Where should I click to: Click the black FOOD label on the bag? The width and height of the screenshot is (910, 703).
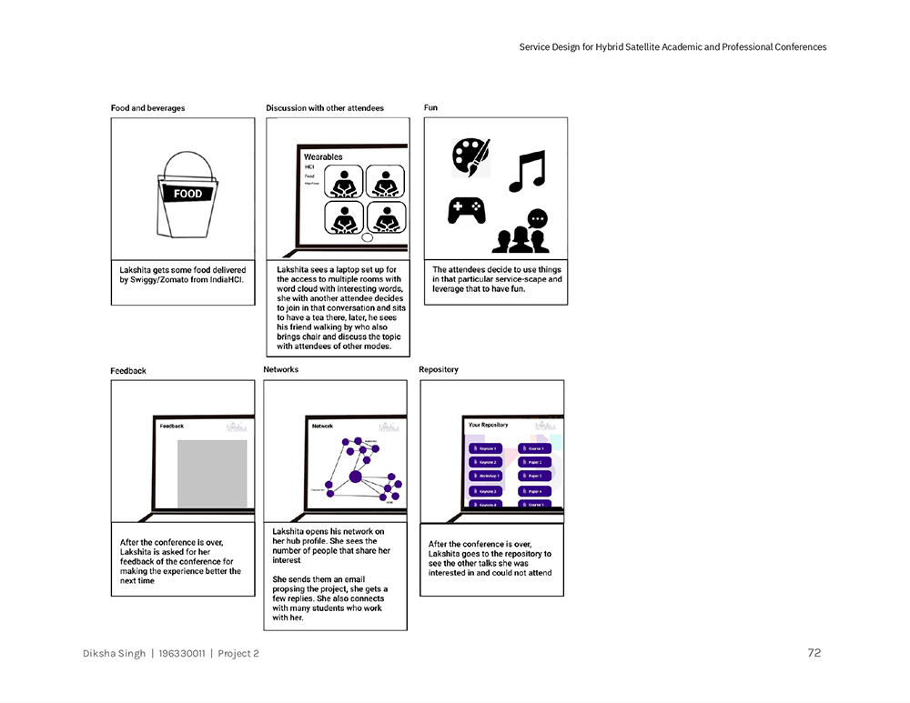pyautogui.click(x=188, y=193)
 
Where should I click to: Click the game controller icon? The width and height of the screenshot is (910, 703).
pyautogui.click(x=466, y=211)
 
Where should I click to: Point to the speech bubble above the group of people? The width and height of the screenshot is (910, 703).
pyautogui.click(x=538, y=218)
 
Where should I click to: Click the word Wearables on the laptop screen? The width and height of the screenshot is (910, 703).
pyautogui.click(x=323, y=157)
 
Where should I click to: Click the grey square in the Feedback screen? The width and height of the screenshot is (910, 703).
pyautogui.click(x=212, y=473)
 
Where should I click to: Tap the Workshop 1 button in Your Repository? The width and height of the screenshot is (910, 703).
pyautogui.click(x=486, y=476)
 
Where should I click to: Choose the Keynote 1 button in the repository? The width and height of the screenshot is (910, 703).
pyautogui.click(x=486, y=448)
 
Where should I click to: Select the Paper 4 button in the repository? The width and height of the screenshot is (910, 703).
pyautogui.click(x=534, y=491)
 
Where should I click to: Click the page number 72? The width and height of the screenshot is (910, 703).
pyautogui.click(x=814, y=653)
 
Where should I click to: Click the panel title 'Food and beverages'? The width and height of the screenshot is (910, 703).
pyautogui.click(x=147, y=108)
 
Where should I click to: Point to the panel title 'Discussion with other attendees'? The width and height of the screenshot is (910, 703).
pyautogui.click(x=325, y=108)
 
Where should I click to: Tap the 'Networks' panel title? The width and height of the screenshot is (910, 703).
pyautogui.click(x=280, y=370)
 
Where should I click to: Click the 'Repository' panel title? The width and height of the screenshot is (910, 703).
pyautogui.click(x=439, y=370)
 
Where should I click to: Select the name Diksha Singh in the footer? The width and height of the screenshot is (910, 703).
pyautogui.click(x=114, y=653)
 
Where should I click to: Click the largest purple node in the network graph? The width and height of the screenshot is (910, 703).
pyautogui.click(x=355, y=477)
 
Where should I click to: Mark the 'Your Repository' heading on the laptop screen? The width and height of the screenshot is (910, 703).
pyautogui.click(x=488, y=425)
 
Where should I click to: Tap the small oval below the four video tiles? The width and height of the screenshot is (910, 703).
pyautogui.click(x=368, y=238)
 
